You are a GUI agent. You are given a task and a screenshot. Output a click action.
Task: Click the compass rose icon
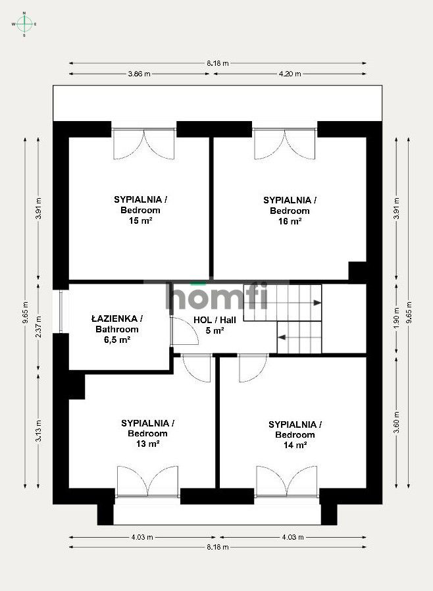click(24, 24)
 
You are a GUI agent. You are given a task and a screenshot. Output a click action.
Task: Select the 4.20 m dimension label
click(290, 74)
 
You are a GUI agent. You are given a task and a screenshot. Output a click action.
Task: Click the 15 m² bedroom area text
click(140, 222)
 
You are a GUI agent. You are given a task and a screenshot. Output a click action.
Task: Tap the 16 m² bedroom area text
click(290, 222)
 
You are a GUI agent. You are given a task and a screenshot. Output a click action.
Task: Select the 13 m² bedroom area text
click(147, 444)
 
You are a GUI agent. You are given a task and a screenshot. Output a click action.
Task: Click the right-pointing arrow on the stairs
click(317, 303)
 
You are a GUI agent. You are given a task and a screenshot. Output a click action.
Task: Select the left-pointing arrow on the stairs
click(282, 337)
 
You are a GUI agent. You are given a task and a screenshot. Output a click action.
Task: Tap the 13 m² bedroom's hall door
click(197, 367)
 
